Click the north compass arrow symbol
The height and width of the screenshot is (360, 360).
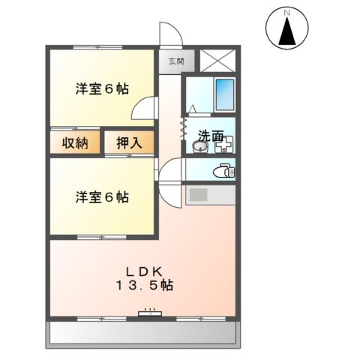[286, 34]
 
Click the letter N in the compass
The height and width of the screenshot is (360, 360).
[286, 13]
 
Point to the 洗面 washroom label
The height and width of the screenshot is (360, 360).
[210, 136]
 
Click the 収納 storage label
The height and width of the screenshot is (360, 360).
[75, 142]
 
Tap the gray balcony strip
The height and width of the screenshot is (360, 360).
[142, 334]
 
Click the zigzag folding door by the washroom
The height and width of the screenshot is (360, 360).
[183, 124]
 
